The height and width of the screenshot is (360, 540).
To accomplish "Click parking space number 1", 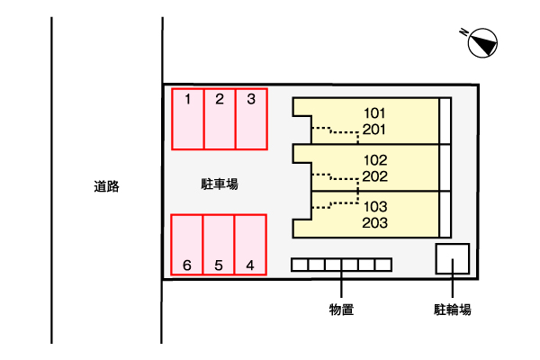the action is (x=188, y=119).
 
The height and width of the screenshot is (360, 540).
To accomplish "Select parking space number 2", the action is (x=220, y=119).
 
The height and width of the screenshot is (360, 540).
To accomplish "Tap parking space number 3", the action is (x=251, y=119).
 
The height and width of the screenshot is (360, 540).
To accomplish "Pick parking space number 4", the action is (x=250, y=245).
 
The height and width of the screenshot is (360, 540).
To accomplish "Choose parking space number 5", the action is (x=219, y=245).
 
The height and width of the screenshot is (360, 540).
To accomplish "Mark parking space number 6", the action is (x=186, y=245).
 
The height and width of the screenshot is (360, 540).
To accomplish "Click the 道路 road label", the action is (x=106, y=186).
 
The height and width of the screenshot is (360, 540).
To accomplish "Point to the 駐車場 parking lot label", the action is (x=220, y=184).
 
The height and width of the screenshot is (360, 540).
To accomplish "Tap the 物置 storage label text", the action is (x=341, y=310).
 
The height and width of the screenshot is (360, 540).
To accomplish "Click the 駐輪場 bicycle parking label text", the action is (x=452, y=310).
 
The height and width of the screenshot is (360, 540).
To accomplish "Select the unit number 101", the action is (x=374, y=113).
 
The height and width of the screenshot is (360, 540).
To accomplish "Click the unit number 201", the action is (x=374, y=130).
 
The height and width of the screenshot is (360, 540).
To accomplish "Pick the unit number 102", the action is (x=375, y=160).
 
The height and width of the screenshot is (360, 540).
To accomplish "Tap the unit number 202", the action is (x=375, y=176).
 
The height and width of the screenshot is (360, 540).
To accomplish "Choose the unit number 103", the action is (x=375, y=207).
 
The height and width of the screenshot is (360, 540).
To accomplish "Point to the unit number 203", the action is (x=375, y=223).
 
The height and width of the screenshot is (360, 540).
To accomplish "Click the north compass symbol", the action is (x=482, y=43).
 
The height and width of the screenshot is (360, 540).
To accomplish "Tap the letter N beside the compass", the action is (x=463, y=32).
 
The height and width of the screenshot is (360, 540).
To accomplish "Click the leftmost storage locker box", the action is (x=300, y=265).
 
